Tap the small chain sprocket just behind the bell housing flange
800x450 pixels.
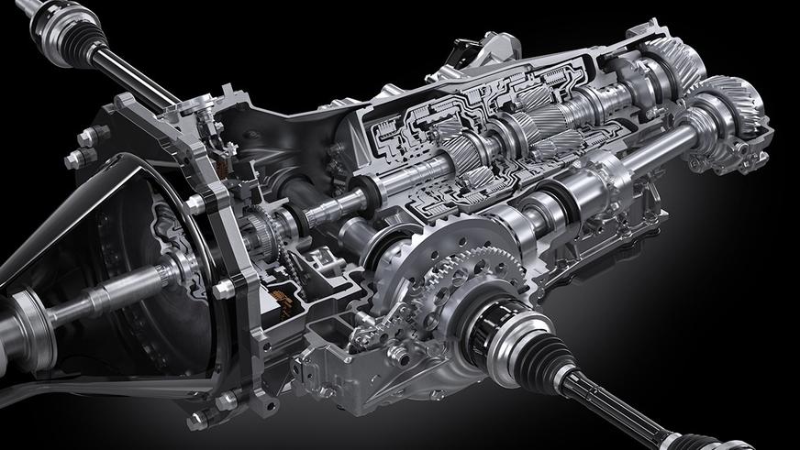(261, 221)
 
